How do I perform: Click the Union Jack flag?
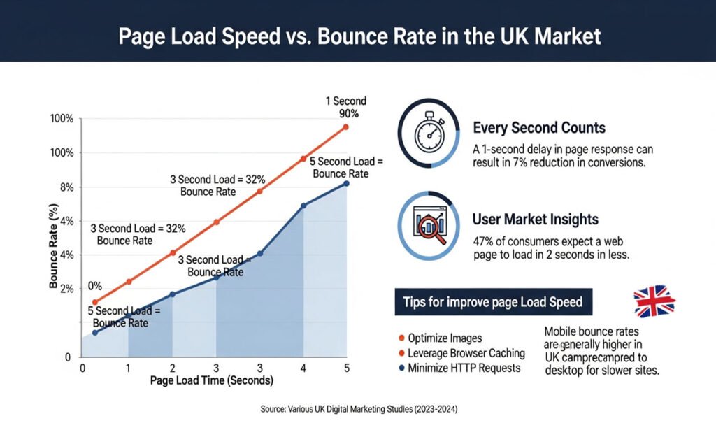[x=654, y=301]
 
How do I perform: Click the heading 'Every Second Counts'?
[x=538, y=129]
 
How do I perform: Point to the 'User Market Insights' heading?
[x=535, y=220]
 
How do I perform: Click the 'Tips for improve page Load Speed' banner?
[x=493, y=303]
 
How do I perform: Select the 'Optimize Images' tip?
[x=445, y=338]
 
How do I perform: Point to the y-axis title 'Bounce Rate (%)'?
[x=54, y=247]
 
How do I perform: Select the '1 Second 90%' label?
[x=346, y=107]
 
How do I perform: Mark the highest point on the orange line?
[x=345, y=127]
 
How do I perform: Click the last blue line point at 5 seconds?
[x=345, y=183]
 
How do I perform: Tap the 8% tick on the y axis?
[x=66, y=187]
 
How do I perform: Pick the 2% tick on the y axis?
[x=66, y=289]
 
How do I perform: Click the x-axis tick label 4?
[x=303, y=368]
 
